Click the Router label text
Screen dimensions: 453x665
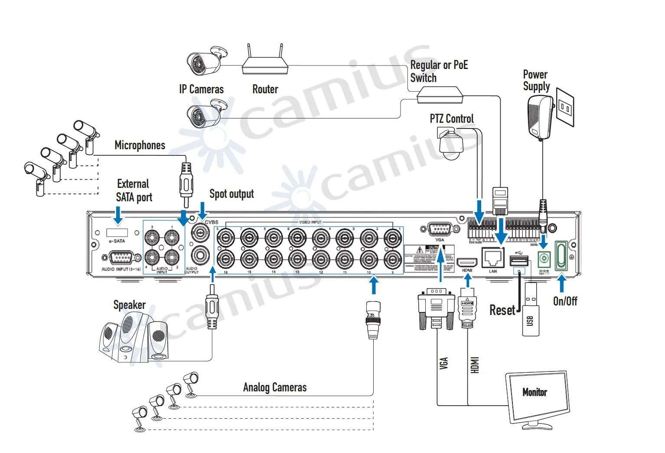pos(265,89)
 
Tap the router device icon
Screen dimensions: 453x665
pos(265,65)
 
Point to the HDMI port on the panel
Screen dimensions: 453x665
pos(467,263)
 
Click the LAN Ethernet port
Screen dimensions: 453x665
pos(493,258)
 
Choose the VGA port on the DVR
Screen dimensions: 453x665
pos(440,229)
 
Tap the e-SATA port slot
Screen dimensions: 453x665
pos(117,232)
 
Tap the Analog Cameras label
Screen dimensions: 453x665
pos(275,387)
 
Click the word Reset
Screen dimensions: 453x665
pos(502,310)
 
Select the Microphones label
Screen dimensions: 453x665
pos(140,145)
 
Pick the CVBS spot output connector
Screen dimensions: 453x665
pos(201,235)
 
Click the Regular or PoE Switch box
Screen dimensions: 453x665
pos(440,94)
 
